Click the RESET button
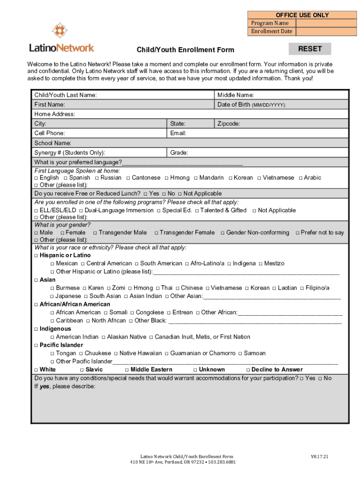(310, 49)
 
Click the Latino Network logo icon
(59, 30)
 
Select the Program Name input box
(326, 23)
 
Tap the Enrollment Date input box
(326, 31)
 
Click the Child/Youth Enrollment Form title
(185, 50)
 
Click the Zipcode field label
(229, 124)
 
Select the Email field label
(178, 133)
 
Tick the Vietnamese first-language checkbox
(259, 178)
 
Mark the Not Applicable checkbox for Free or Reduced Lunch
(180, 194)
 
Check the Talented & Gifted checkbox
(196, 210)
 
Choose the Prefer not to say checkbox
(298, 232)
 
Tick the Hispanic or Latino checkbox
(36, 255)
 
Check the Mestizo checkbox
(260, 264)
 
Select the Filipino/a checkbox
(302, 288)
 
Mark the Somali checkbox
(106, 312)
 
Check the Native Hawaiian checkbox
(115, 354)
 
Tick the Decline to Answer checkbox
(248, 370)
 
